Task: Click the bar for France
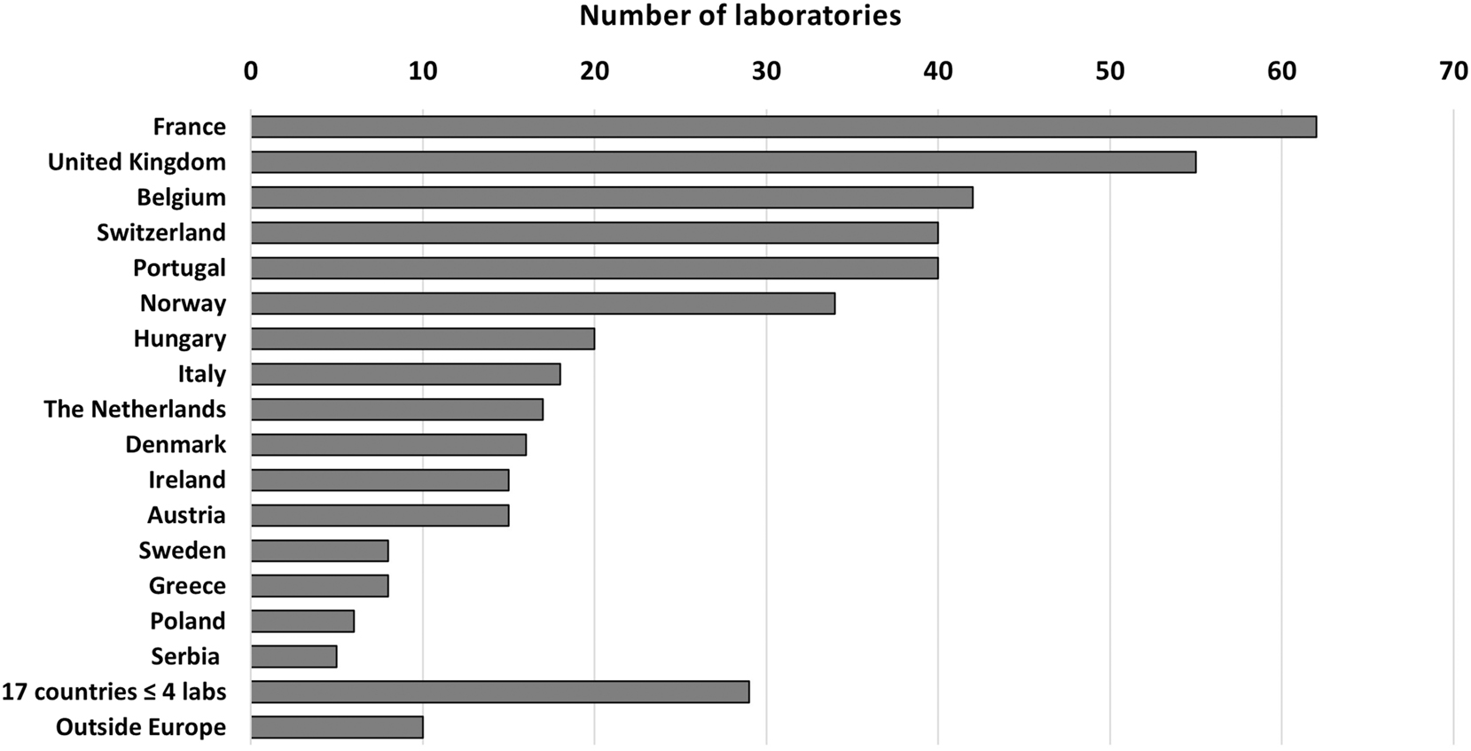[x=783, y=127]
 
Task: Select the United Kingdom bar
[x=723, y=162]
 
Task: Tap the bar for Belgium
[x=612, y=197]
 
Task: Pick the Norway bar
[x=543, y=303]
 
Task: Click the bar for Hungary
[x=422, y=339]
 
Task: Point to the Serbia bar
[x=293, y=656]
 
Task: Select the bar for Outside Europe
[x=337, y=727]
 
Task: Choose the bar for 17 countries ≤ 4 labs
[x=500, y=692]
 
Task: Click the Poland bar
[x=302, y=621]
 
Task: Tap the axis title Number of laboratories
[x=740, y=15]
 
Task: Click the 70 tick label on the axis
[x=1453, y=71]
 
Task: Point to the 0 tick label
[x=251, y=71]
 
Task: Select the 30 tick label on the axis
[x=766, y=71]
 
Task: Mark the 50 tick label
[x=1110, y=71]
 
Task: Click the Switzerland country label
[x=161, y=232]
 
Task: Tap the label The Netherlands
[x=135, y=409]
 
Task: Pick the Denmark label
[x=176, y=444]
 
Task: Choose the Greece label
[x=187, y=585]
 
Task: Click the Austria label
[x=186, y=515]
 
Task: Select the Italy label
[x=201, y=374]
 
